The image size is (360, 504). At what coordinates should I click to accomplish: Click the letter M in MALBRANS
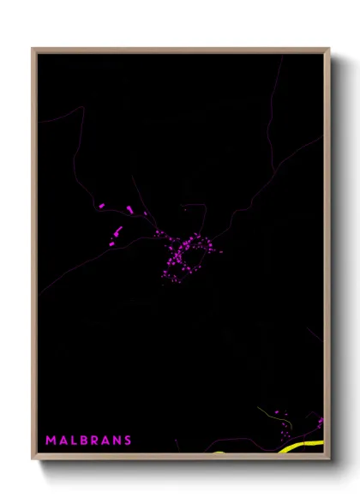coord(50,441)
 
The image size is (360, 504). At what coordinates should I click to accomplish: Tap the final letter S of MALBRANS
coord(128,441)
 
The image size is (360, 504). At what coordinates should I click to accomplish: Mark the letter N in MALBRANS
coord(117,441)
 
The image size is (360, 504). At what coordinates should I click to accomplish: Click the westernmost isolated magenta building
coord(101,206)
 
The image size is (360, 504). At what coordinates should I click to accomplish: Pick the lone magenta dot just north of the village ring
coord(183,208)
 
